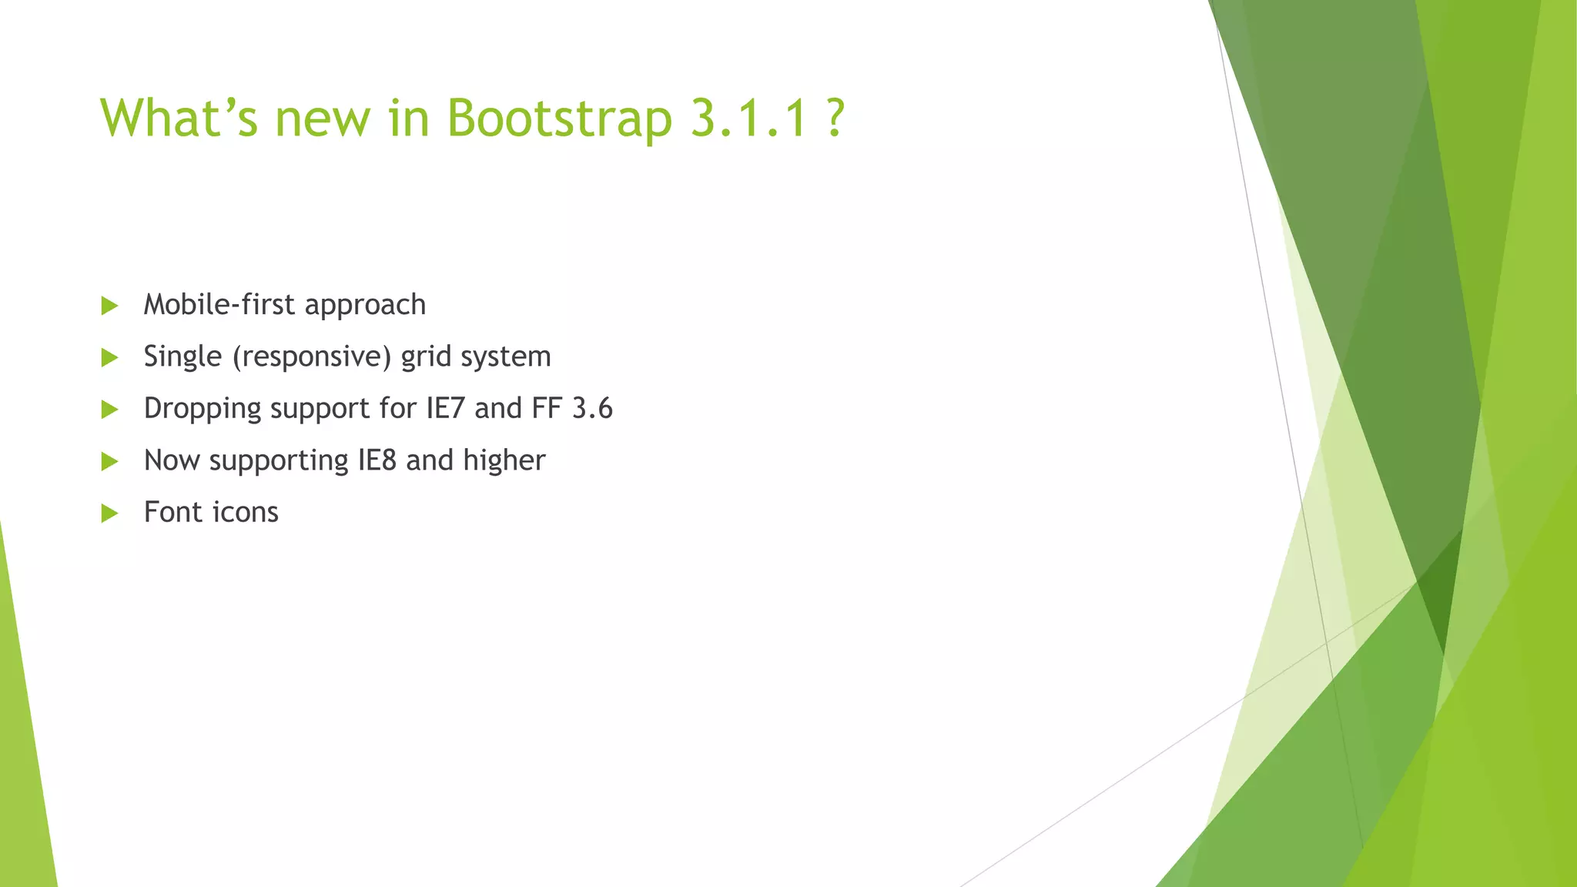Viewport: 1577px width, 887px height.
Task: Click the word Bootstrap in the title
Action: pyautogui.click(x=559, y=119)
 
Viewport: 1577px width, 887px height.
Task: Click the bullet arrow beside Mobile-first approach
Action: pyautogui.click(x=109, y=306)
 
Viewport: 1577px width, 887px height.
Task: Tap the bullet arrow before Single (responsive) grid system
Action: pyautogui.click(x=109, y=357)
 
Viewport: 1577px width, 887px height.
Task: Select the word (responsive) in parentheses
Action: pyautogui.click(x=312, y=356)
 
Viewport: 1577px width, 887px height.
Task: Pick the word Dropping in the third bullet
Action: pyautogui.click(x=203, y=409)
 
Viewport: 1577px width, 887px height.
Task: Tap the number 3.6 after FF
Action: pyautogui.click(x=592, y=408)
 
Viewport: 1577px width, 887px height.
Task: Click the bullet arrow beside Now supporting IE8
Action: pyautogui.click(x=109, y=461)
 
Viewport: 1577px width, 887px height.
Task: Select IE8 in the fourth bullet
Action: pyautogui.click(x=377, y=460)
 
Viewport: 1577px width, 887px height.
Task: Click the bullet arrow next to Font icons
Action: pyautogui.click(x=109, y=513)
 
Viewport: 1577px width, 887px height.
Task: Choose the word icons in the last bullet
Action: pyautogui.click(x=245, y=512)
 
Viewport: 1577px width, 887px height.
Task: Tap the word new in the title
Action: pyautogui.click(x=323, y=119)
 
